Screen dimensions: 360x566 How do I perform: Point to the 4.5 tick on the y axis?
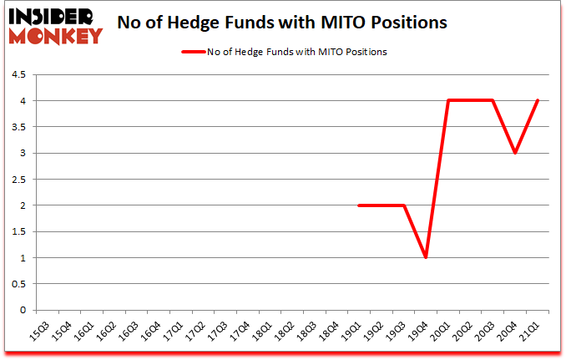point(18,75)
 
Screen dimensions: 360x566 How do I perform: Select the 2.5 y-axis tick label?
point(18,180)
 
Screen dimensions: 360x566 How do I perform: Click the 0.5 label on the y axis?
point(18,284)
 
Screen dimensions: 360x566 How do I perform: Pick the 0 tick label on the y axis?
point(22,310)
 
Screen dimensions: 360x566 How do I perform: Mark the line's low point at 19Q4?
point(426,257)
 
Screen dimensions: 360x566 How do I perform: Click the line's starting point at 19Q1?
point(358,205)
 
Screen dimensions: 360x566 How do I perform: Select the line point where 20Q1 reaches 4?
point(448,101)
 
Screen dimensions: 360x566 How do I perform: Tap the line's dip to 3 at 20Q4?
point(516,153)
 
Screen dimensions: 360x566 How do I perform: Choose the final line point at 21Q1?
point(538,101)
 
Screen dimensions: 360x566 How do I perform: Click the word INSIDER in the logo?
point(55,15)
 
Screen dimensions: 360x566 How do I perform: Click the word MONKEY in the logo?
point(55,35)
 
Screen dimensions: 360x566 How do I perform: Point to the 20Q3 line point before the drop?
point(493,101)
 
